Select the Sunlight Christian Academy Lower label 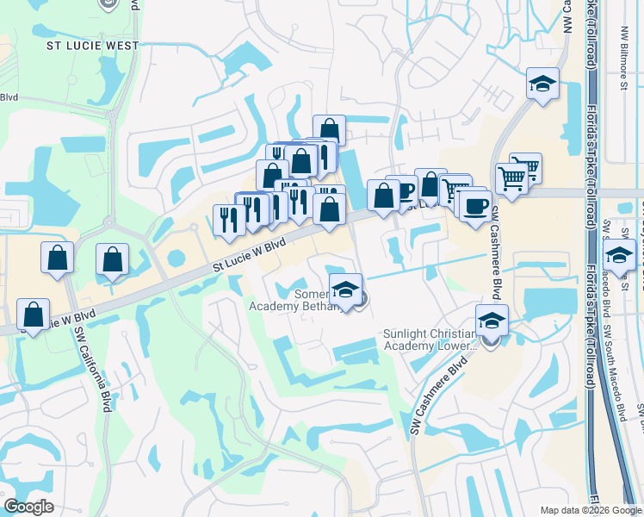(430, 339)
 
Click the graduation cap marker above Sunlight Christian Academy (492, 321)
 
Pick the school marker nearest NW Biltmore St (542, 84)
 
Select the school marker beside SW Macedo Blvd (618, 255)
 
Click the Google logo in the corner (28, 507)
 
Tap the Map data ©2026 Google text (589, 510)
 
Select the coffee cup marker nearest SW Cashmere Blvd (474, 206)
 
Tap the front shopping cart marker (511, 179)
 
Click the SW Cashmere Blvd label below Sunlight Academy (439, 396)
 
